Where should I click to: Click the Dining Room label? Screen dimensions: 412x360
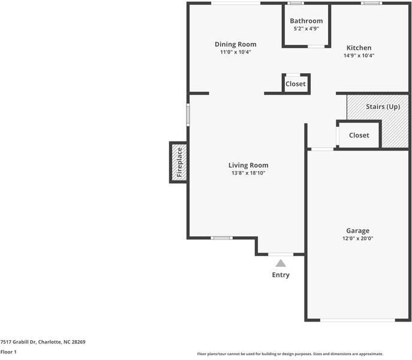236,44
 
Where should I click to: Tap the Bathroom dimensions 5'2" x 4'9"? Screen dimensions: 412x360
306,28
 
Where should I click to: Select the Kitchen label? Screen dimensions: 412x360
359,47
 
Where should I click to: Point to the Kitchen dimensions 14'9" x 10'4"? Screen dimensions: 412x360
359,55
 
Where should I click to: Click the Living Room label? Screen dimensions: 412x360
248,165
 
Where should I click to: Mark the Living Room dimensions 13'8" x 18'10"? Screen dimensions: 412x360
248,173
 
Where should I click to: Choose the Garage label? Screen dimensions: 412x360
358,230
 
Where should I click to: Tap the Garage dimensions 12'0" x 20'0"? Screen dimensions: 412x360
358,238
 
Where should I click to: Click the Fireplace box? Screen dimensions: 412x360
179,162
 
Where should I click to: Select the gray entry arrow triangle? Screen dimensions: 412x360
281,263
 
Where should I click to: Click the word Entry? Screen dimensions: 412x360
281,275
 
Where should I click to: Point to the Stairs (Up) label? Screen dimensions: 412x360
383,107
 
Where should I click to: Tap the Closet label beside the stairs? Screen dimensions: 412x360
359,135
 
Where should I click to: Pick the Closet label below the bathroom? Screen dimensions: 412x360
296,84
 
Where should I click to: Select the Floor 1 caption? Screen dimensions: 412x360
8,352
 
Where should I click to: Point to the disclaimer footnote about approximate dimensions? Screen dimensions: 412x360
290,354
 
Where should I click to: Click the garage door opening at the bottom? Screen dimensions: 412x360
357,320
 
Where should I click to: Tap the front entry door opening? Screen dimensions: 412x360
281,254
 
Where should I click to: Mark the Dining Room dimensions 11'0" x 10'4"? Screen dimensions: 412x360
236,52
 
